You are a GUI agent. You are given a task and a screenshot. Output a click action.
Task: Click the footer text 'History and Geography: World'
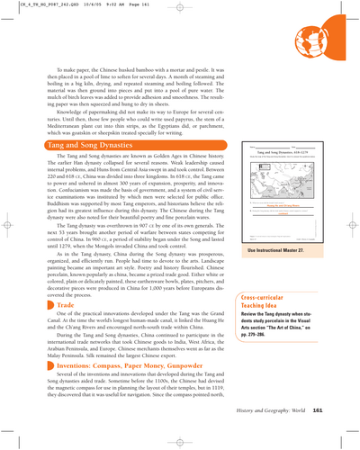[x=297, y=435]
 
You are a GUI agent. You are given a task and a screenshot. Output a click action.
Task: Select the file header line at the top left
[x=63, y=5]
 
